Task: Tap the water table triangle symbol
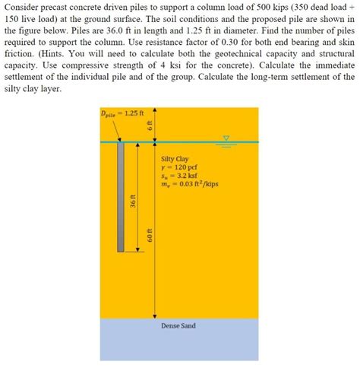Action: pos(225,138)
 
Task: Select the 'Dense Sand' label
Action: pos(178,325)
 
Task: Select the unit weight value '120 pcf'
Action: pos(184,167)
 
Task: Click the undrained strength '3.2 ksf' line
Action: pos(182,176)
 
